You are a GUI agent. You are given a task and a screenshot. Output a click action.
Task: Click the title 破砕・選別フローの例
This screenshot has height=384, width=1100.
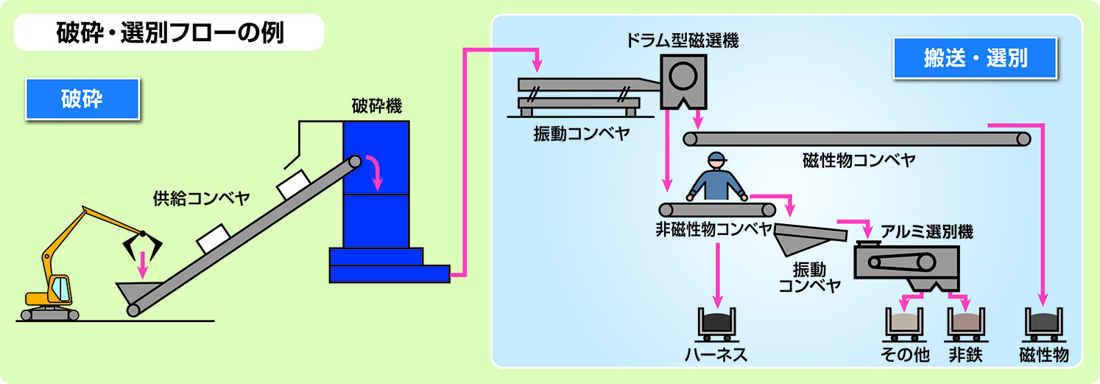pyautogui.click(x=169, y=33)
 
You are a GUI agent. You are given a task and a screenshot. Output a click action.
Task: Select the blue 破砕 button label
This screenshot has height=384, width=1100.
pyautogui.click(x=82, y=99)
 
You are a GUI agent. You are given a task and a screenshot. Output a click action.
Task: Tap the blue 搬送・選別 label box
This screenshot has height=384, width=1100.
pyautogui.click(x=975, y=58)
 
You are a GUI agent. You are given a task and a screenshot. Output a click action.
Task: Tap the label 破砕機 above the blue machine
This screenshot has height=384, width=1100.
pyautogui.click(x=376, y=106)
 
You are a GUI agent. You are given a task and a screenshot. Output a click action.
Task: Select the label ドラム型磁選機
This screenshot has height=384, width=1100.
pyautogui.click(x=682, y=41)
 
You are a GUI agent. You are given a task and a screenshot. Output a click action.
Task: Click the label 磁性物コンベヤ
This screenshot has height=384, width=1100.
pyautogui.click(x=859, y=160)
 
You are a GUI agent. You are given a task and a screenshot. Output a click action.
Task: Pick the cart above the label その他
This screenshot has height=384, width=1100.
pyautogui.click(x=903, y=323)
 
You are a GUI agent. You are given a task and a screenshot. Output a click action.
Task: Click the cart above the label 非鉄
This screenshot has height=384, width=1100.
pyautogui.click(x=965, y=323)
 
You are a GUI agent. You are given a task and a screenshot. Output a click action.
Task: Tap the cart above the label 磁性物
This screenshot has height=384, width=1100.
pyautogui.click(x=1044, y=323)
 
